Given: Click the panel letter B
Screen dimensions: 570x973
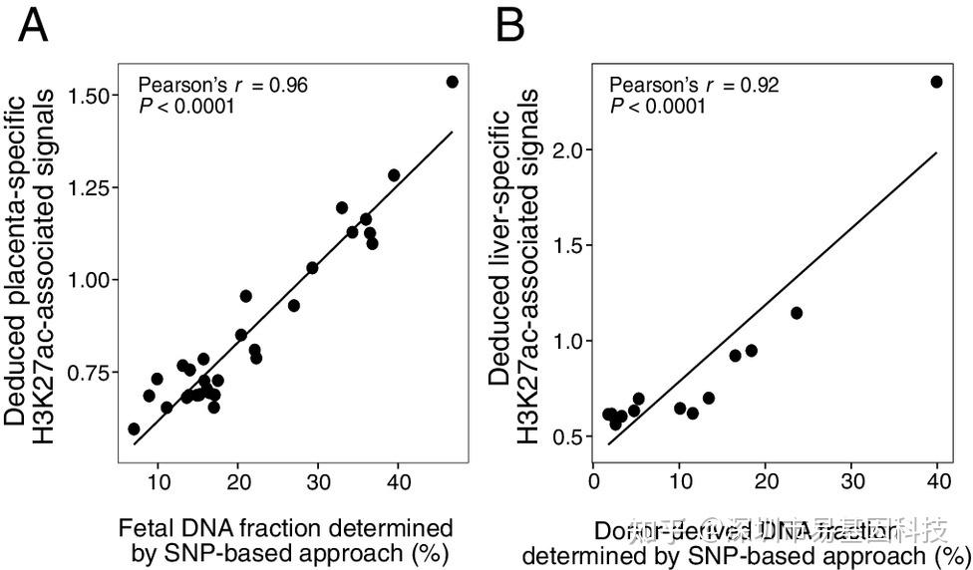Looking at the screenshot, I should tap(509, 26).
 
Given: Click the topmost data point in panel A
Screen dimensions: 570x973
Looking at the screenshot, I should tap(452, 82).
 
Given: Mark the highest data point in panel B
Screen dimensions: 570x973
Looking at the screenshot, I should tap(936, 82).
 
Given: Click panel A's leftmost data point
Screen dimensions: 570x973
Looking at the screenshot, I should tap(134, 428).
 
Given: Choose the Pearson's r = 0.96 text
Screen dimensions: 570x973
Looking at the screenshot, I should tap(222, 86).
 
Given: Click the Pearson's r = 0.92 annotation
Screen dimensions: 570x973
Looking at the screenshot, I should tap(695, 86).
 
